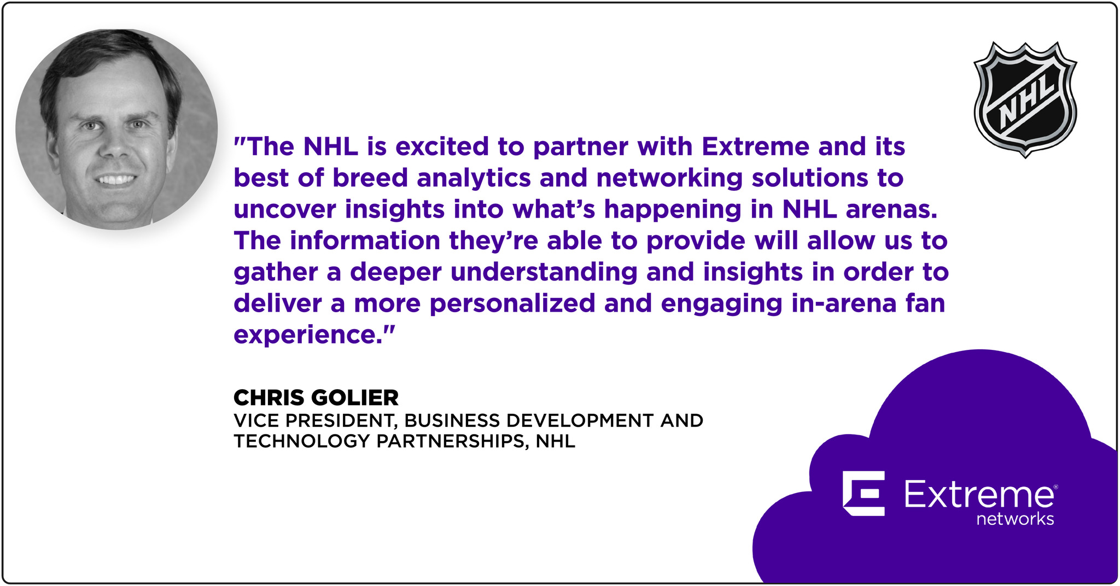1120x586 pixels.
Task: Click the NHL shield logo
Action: coord(1025,100)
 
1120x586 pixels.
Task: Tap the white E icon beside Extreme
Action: coord(864,493)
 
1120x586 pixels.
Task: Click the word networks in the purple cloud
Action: coord(1015,519)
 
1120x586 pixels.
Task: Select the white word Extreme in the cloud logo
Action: coord(979,494)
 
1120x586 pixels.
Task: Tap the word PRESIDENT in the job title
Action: coord(341,420)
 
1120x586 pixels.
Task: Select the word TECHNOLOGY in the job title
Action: coord(302,441)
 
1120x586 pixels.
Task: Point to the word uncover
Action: coord(284,210)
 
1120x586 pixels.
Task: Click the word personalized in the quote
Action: coord(512,304)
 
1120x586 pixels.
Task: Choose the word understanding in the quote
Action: coord(544,273)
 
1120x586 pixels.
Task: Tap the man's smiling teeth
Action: coord(115,179)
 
